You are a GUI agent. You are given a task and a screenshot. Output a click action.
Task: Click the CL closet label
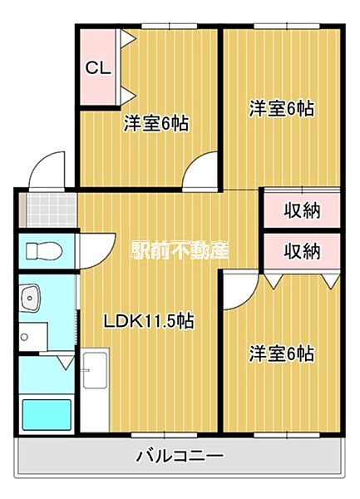pyautogui.click(x=98, y=67)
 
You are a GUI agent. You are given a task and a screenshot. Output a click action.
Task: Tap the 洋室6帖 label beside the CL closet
pyautogui.click(x=156, y=124)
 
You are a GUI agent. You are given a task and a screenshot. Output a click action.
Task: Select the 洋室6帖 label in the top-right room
pyautogui.click(x=283, y=108)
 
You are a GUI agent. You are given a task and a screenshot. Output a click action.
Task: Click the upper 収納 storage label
pyautogui.click(x=300, y=210)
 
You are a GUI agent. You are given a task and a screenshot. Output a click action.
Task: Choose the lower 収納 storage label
pyautogui.click(x=300, y=249)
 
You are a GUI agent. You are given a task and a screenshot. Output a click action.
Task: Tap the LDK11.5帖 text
pyautogui.click(x=149, y=321)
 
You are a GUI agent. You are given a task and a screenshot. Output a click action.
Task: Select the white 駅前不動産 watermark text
pyautogui.click(x=180, y=249)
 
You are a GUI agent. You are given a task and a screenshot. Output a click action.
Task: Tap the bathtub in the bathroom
pyautogui.click(x=46, y=413)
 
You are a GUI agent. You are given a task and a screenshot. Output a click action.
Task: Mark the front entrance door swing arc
pyautogui.click(x=46, y=170)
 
